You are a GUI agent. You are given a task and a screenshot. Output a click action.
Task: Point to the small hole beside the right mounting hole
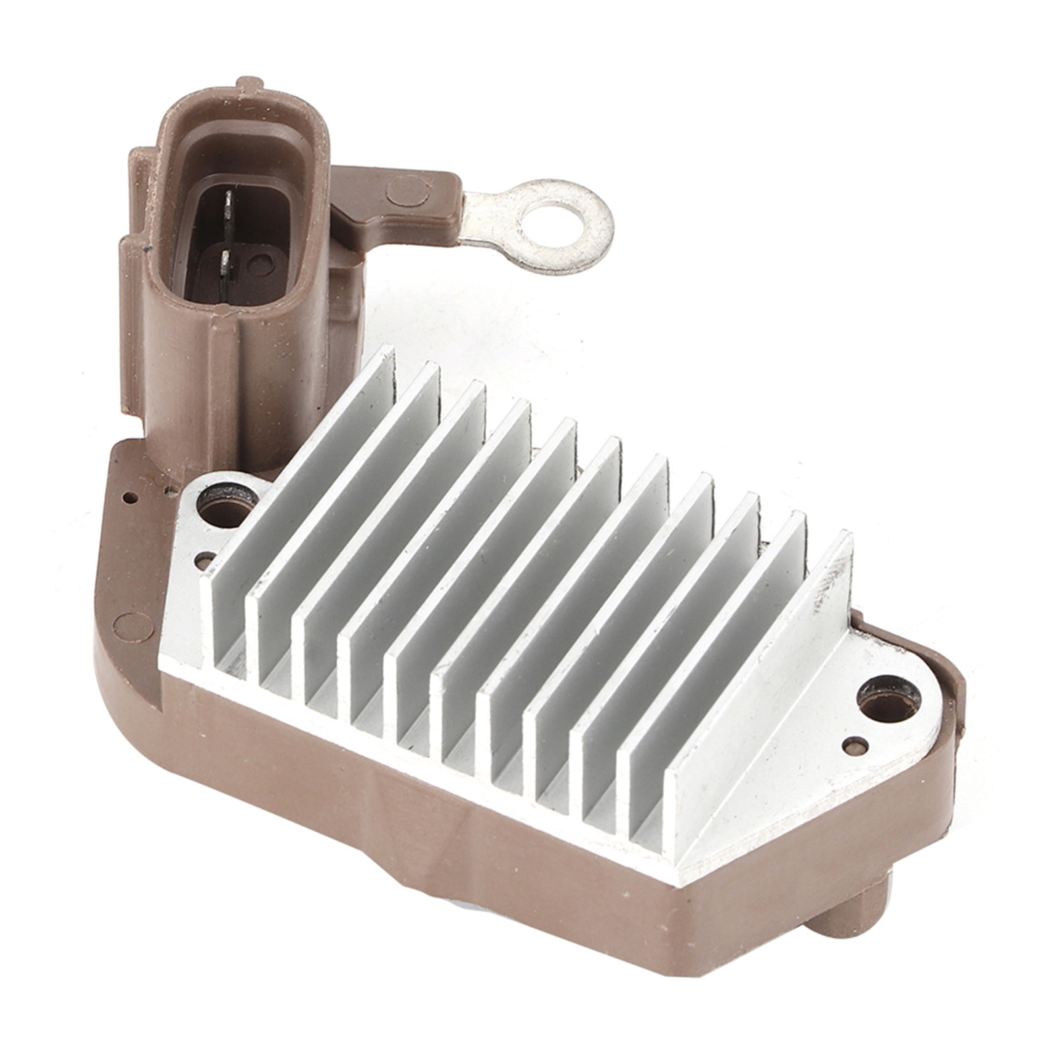pos(854,743)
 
